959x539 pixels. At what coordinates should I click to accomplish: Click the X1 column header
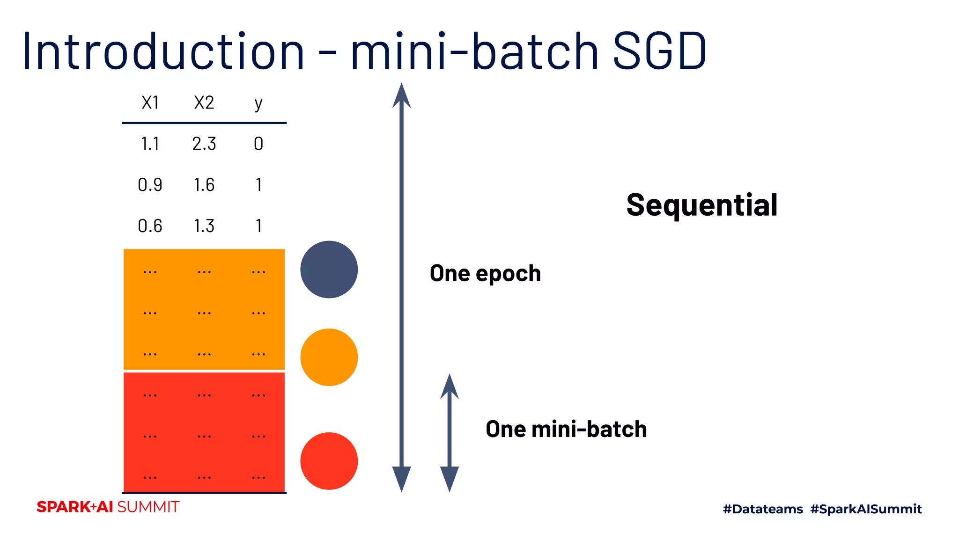[x=150, y=102]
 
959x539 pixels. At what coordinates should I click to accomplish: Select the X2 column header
[x=204, y=102]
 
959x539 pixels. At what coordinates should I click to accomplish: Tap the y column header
[x=258, y=103]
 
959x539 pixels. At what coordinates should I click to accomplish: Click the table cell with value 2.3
[x=204, y=144]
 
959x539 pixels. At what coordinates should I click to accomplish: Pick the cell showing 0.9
[x=150, y=185]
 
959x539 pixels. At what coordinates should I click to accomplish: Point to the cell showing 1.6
[x=204, y=185]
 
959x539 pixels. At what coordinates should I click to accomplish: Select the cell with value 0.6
[x=150, y=226]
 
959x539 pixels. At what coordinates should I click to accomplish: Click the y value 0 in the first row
[x=258, y=144]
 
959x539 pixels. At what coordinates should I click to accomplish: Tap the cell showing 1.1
[x=150, y=144]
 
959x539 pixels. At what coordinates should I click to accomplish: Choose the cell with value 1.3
[x=204, y=226]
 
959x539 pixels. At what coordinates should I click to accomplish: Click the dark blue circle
[x=329, y=269]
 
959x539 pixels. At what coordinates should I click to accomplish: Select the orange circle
[x=329, y=357]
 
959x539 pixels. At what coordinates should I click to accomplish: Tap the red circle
[x=329, y=461]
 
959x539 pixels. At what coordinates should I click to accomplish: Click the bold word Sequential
[x=701, y=205]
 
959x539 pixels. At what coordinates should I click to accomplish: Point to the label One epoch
[x=485, y=273]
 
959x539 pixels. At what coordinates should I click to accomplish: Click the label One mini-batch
[x=566, y=429]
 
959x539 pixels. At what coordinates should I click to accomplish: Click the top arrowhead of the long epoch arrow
[x=401, y=96]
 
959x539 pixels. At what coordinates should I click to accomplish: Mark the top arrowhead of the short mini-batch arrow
[x=450, y=386]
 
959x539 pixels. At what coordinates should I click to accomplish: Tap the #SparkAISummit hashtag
[x=866, y=509]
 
